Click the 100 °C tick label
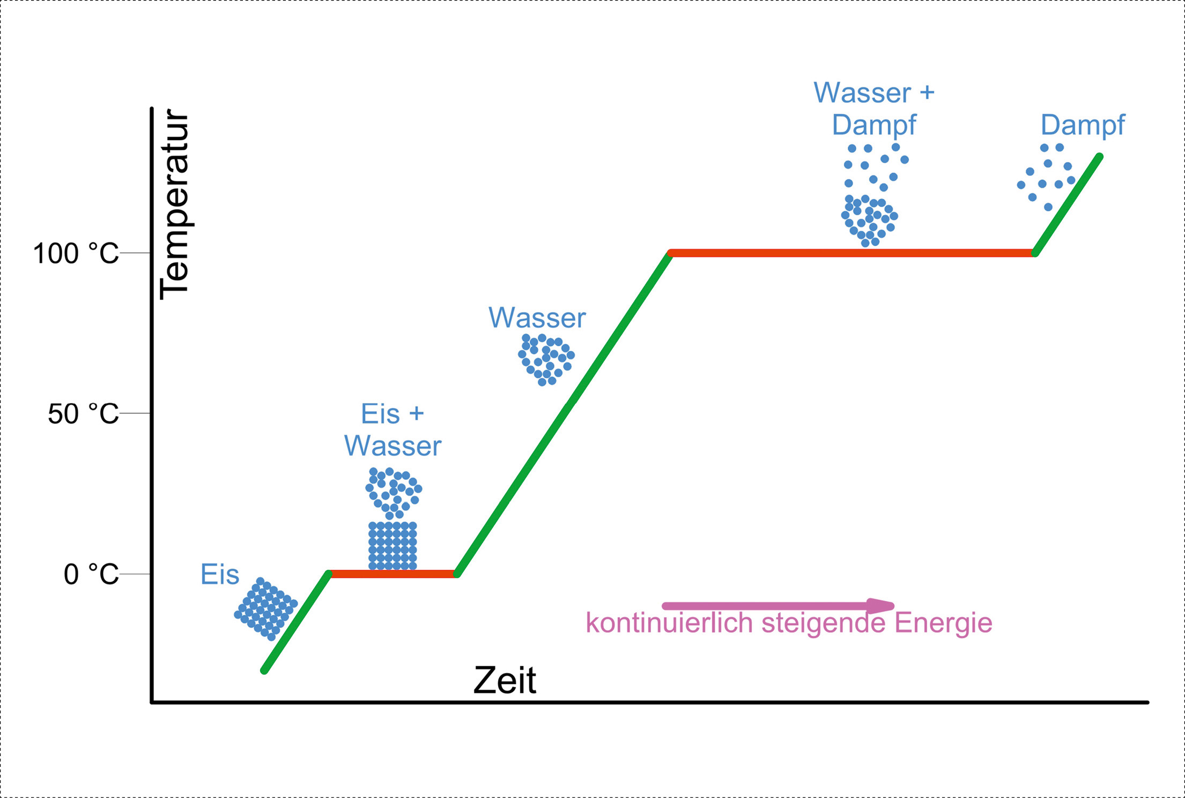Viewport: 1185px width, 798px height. (x=76, y=253)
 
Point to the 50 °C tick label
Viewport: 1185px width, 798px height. (x=83, y=414)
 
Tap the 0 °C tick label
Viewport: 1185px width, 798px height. (x=91, y=574)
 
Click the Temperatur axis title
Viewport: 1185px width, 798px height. (x=175, y=204)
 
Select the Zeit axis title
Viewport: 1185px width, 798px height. (x=505, y=680)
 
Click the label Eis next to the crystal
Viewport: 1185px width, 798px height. (x=220, y=575)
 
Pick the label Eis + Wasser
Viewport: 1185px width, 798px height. (x=392, y=430)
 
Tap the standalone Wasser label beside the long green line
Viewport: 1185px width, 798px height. (x=537, y=318)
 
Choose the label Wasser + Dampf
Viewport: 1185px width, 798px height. (x=874, y=108)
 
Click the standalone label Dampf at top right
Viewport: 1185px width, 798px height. (x=1083, y=125)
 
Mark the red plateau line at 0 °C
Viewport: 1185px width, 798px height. (x=393, y=574)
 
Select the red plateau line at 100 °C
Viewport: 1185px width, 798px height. (x=853, y=253)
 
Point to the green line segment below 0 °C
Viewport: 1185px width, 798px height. (x=297, y=623)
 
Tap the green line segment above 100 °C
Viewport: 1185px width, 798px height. (x=1068, y=205)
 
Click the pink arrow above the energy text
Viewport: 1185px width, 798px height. (x=778, y=606)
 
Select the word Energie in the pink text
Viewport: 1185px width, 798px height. (x=943, y=624)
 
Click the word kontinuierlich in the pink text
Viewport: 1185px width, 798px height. (x=670, y=623)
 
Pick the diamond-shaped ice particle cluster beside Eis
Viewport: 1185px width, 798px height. (x=266, y=609)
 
